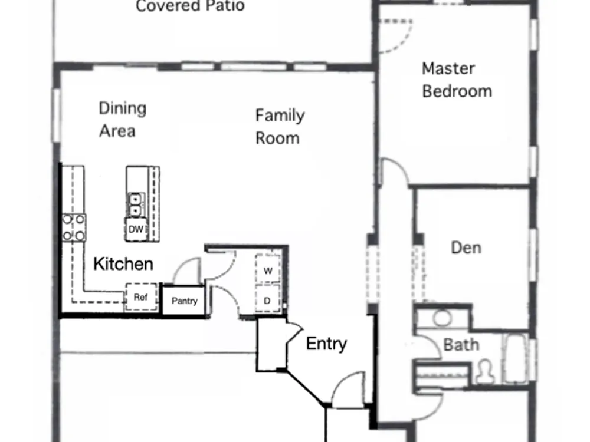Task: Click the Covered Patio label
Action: (x=190, y=6)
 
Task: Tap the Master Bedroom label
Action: (x=457, y=80)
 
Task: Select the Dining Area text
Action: (x=122, y=120)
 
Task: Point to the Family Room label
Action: (x=280, y=127)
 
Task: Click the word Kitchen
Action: (x=123, y=264)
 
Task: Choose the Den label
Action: (x=466, y=248)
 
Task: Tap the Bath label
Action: (x=461, y=345)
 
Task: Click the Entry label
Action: (x=326, y=344)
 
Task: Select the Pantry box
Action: (x=184, y=301)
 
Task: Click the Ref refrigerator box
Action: (x=141, y=297)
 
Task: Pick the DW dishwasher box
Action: (x=136, y=229)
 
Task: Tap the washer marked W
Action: (x=267, y=269)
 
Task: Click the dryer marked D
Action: (x=267, y=299)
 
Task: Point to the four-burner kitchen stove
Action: (x=74, y=227)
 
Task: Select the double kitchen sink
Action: (x=135, y=204)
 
